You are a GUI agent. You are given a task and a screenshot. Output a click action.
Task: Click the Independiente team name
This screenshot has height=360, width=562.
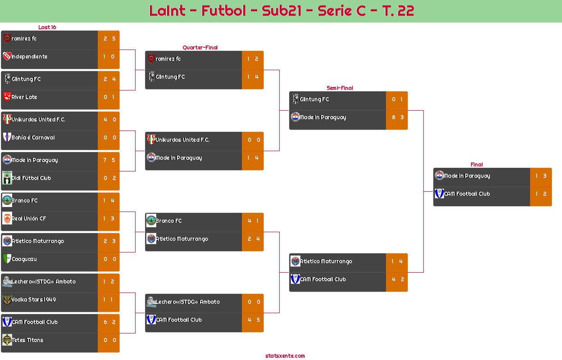29,57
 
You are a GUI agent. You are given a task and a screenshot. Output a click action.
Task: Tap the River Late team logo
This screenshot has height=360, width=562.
7,97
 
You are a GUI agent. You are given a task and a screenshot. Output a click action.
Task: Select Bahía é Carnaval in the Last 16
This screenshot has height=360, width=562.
33,138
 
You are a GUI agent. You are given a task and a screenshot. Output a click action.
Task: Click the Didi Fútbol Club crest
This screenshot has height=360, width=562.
7,178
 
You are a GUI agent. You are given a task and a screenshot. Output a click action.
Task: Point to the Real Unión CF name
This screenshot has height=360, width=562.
29,219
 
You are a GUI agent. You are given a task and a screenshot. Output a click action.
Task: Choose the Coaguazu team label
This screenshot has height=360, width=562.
24,259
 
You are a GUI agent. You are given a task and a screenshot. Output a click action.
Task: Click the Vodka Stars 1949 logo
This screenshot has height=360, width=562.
7,299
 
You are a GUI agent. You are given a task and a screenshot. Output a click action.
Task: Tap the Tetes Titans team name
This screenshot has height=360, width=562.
27,340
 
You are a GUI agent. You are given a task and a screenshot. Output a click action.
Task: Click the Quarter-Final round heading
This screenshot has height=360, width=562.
199,47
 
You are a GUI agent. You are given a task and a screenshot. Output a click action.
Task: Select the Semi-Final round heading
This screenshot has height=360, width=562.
339,88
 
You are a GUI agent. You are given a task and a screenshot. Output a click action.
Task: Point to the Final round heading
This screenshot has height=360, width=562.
476,165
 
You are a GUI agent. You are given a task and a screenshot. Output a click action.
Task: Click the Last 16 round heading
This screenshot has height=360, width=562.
47,27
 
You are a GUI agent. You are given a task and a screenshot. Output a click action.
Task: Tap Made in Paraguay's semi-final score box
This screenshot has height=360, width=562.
397,117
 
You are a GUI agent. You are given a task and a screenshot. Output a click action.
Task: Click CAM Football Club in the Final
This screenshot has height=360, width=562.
467,194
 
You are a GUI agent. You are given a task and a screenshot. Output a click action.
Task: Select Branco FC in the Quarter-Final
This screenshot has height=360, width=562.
169,221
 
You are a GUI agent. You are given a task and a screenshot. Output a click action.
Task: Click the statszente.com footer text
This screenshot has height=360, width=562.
285,356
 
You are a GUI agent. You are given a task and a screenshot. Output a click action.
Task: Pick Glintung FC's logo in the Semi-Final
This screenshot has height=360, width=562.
295,99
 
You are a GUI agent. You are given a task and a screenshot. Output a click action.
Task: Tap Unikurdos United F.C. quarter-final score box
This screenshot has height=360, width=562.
253,140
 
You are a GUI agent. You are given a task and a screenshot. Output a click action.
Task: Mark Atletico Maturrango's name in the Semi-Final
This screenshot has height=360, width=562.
326,261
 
